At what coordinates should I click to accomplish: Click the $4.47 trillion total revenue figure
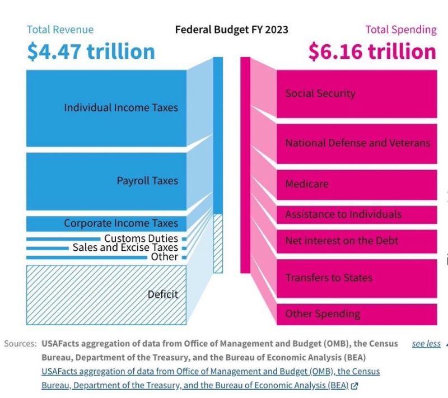click(91, 51)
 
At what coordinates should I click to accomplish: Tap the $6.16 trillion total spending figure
click(372, 51)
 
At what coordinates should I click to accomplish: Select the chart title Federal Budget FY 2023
click(232, 29)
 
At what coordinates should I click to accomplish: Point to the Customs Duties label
click(141, 239)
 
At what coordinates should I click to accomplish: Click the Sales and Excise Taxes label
click(125, 247)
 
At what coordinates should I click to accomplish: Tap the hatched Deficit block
click(106, 294)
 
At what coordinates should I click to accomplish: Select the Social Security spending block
click(357, 93)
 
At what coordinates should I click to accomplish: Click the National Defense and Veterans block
click(357, 143)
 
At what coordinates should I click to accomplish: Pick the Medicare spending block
click(357, 184)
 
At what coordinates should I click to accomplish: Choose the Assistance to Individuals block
click(357, 214)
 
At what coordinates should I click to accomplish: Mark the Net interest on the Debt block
click(357, 241)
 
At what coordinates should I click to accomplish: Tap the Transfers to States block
click(357, 278)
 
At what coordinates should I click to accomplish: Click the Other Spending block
click(357, 314)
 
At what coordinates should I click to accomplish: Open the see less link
click(426, 344)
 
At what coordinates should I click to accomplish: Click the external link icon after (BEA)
click(354, 385)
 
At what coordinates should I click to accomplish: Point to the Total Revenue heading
click(60, 30)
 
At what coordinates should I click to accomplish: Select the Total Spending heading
click(401, 30)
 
